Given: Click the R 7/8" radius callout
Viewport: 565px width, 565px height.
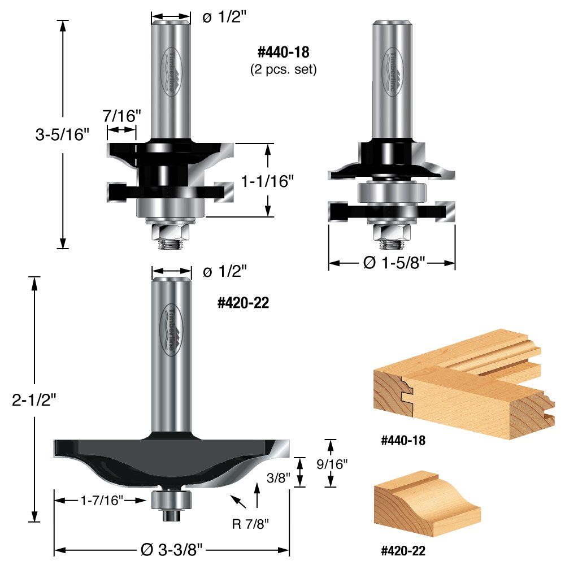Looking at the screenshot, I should (x=250, y=524).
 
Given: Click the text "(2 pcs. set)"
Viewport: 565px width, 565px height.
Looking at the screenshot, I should (x=283, y=71).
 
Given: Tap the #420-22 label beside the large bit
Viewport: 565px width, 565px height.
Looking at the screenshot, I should (x=244, y=303).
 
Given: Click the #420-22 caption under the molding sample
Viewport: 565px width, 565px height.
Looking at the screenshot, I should (x=403, y=550).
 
